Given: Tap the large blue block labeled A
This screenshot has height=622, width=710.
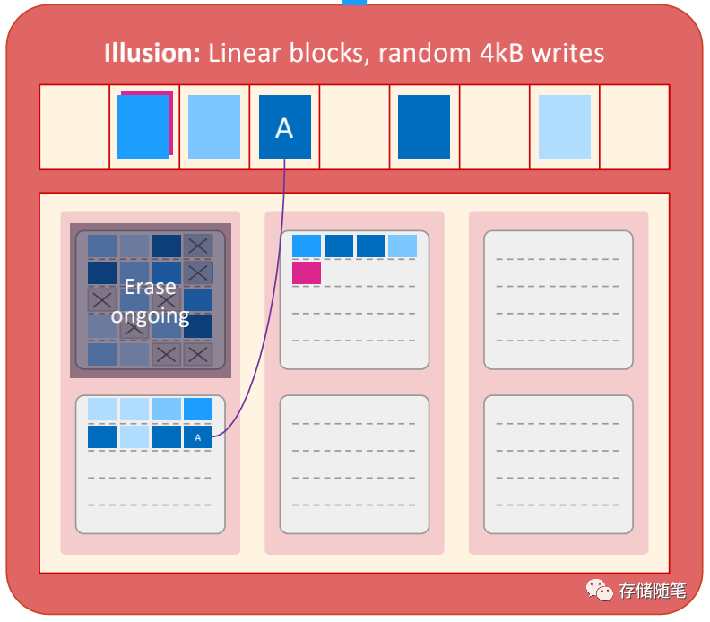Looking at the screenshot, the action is (284, 127).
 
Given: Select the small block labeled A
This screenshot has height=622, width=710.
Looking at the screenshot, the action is (198, 437).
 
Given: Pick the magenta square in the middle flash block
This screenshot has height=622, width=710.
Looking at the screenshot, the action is (306, 272).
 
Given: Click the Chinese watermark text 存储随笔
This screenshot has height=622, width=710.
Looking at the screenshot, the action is (652, 591).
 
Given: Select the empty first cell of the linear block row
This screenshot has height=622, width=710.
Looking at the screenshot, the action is (74, 127).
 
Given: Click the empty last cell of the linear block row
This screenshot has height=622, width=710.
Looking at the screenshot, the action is (634, 127).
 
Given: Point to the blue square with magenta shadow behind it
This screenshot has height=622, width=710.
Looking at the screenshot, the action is (143, 126).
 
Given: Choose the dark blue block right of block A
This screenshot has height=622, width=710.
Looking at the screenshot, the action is (424, 127).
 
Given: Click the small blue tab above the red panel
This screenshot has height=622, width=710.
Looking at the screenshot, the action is (354, 3).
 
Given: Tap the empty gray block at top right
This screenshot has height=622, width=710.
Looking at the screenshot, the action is (558, 299).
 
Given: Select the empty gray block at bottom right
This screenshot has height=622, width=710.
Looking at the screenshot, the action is (558, 464).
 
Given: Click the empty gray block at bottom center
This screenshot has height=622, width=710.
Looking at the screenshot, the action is (354, 464).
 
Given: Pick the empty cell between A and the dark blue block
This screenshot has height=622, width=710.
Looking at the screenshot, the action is (354, 127).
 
